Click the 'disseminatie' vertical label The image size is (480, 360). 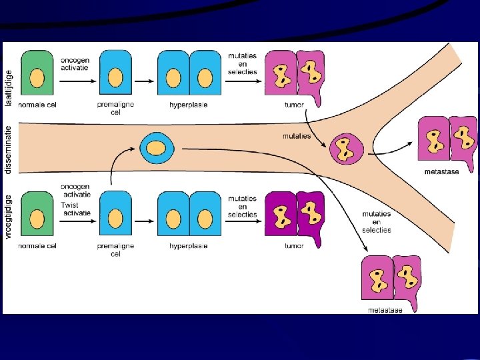point(8,149)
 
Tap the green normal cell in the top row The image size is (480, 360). point(37,75)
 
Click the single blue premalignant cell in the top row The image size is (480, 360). point(115,75)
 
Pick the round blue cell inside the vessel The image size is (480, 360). point(155,147)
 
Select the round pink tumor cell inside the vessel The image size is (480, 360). point(347,149)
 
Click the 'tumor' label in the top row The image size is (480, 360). point(293,105)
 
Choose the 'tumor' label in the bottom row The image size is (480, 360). point(293,246)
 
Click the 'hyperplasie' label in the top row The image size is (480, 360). point(189,105)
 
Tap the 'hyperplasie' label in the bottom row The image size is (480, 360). point(189,246)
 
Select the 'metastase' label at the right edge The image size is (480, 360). point(441,172)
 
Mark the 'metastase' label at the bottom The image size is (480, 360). point(385,310)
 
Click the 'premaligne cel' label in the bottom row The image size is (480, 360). point(115,249)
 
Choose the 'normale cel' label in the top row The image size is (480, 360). point(37,105)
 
